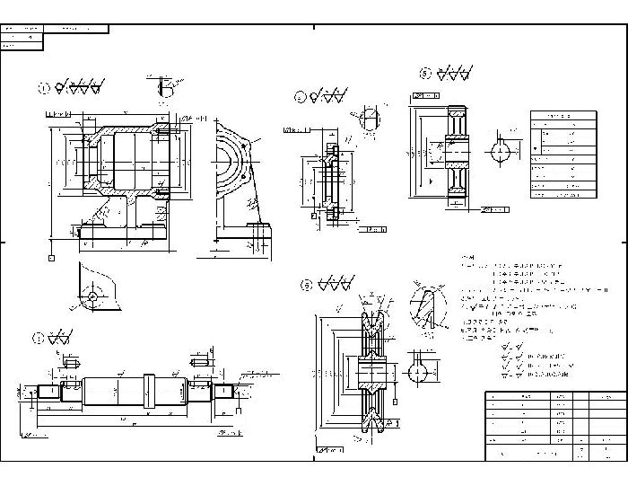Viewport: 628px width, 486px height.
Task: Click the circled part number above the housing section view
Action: [42, 88]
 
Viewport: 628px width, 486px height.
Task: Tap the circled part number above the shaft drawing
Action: [38, 339]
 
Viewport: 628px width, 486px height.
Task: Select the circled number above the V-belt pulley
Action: [306, 286]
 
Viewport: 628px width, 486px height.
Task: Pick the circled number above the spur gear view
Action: [425, 73]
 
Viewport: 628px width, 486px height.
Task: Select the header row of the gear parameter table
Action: [563, 116]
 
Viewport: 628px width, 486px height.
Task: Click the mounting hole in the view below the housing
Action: [92, 296]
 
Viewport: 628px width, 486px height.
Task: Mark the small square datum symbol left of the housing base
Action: [51, 258]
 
